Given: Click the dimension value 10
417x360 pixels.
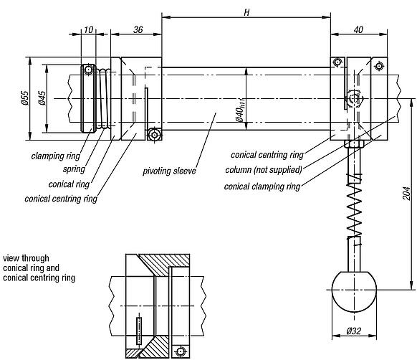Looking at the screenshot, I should point(88,29).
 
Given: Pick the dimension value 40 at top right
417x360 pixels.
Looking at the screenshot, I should point(361,29).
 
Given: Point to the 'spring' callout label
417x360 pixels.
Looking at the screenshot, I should point(73,169).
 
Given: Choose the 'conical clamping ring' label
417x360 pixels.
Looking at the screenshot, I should point(262,186).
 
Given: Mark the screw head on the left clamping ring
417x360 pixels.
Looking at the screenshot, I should point(88,70).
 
